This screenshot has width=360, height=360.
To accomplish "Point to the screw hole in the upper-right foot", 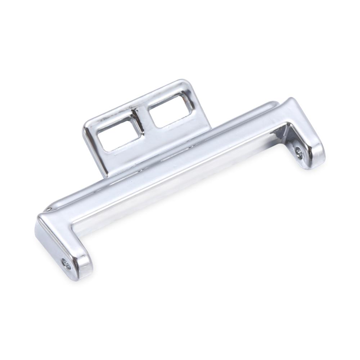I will (299, 153).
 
